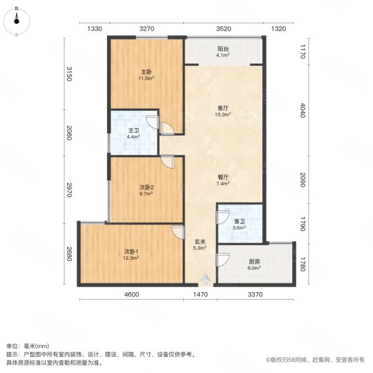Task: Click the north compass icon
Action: pyautogui.click(x=17, y=20)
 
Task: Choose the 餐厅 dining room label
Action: pyautogui.click(x=223, y=177)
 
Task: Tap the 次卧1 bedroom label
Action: pyautogui.click(x=131, y=251)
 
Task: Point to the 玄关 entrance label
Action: pyautogui.click(x=199, y=242)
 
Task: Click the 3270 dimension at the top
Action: pyautogui.click(x=147, y=29)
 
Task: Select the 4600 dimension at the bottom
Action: pyautogui.click(x=130, y=295)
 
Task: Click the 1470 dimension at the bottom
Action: pyautogui.click(x=200, y=295)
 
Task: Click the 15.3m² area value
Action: pyautogui.click(x=223, y=115)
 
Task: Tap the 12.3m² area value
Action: pyautogui.click(x=131, y=258)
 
